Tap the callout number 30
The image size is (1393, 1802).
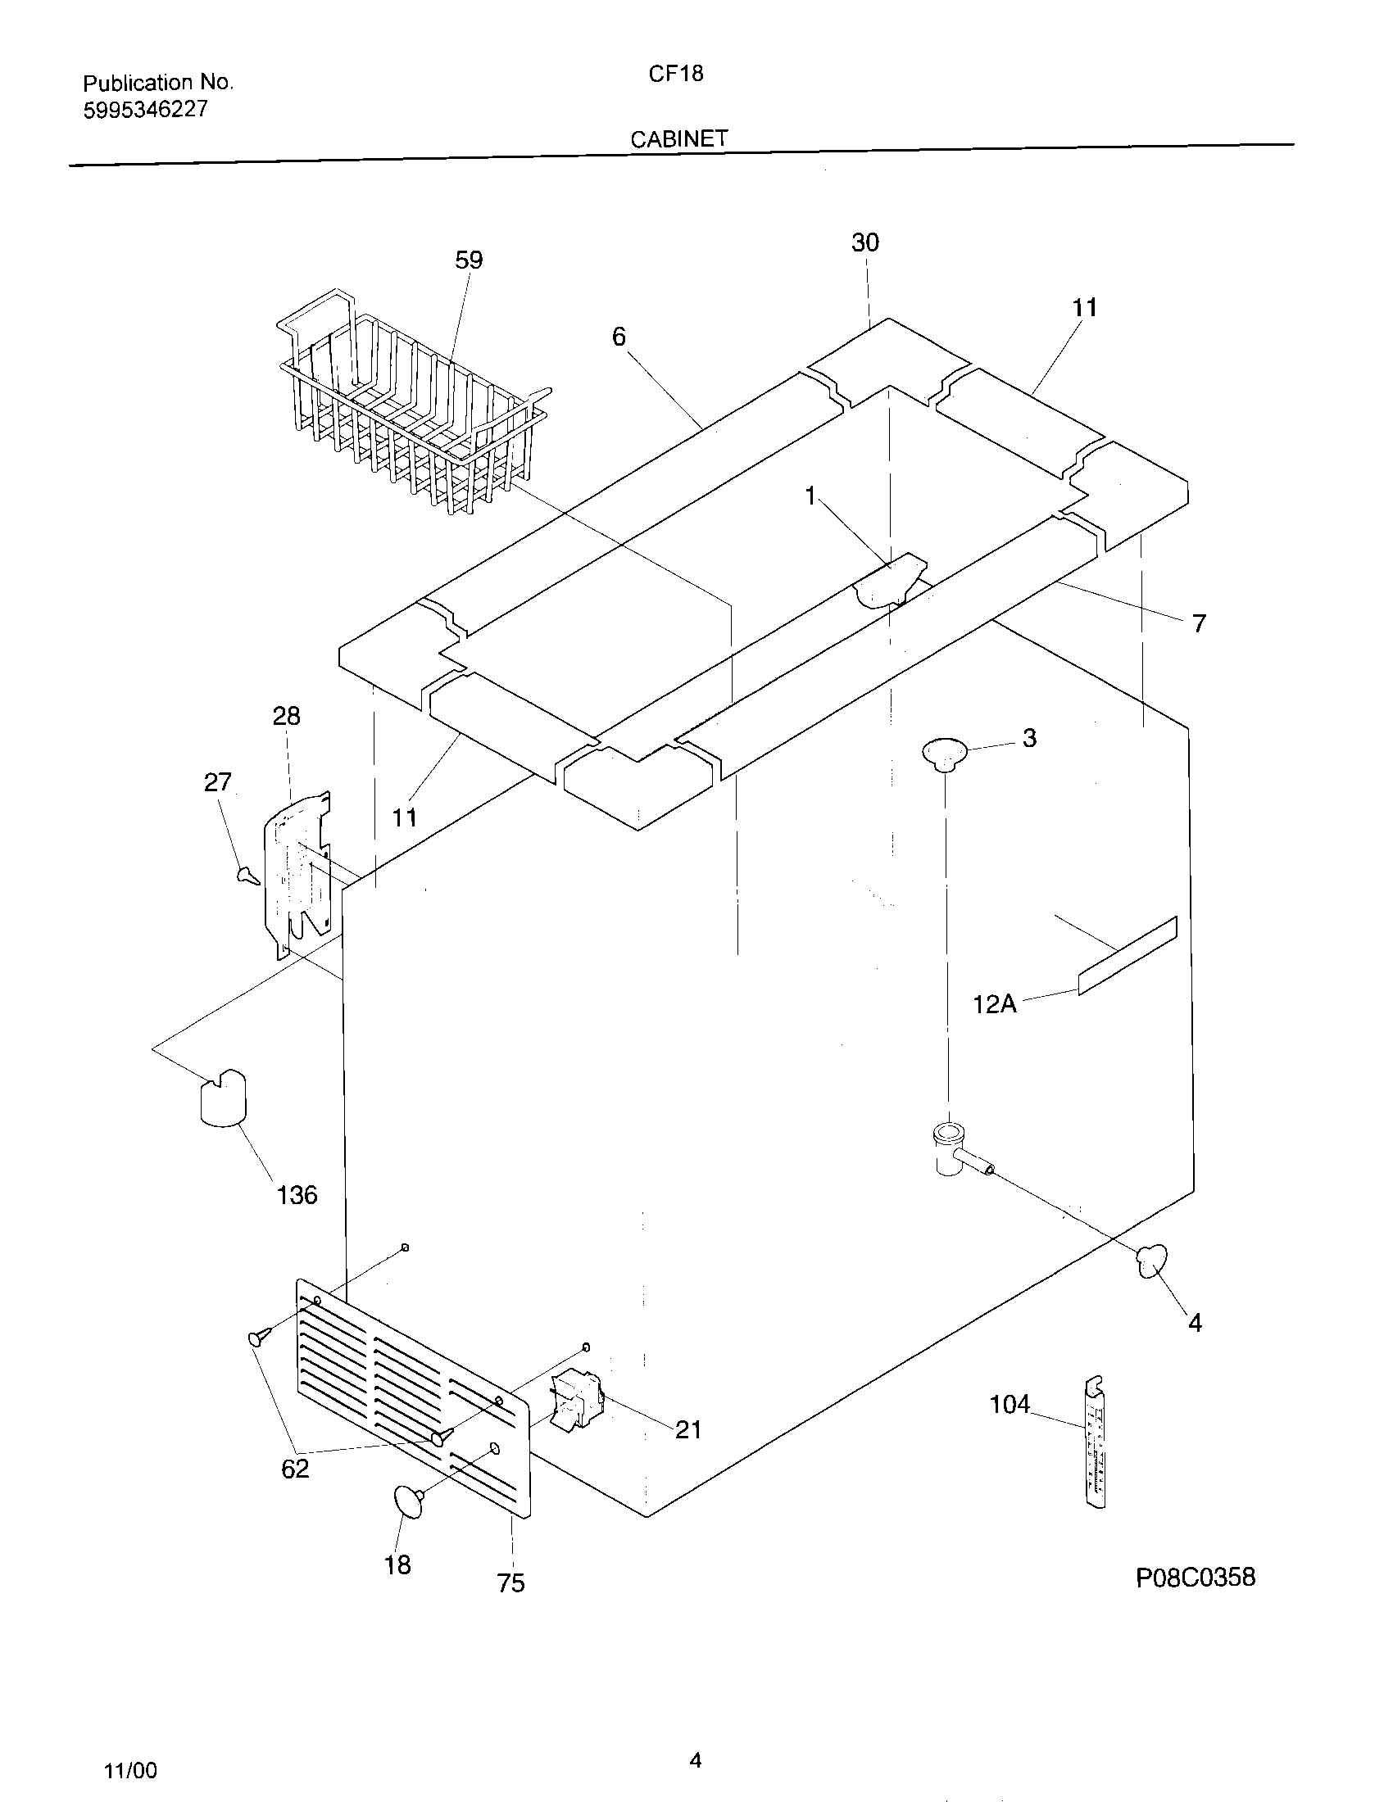[x=864, y=242]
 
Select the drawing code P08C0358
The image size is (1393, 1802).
[x=1195, y=1577]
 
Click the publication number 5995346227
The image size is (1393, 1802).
[x=145, y=110]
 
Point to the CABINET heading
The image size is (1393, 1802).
[x=679, y=138]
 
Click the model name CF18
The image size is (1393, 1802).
[x=675, y=74]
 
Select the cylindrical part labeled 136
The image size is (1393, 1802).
[x=223, y=1097]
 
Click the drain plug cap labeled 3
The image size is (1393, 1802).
[x=944, y=753]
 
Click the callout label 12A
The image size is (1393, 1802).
[x=995, y=1003]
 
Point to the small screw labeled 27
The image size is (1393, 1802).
[x=247, y=875]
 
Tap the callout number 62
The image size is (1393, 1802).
[x=295, y=1468]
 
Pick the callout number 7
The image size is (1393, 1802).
[x=1199, y=623]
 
